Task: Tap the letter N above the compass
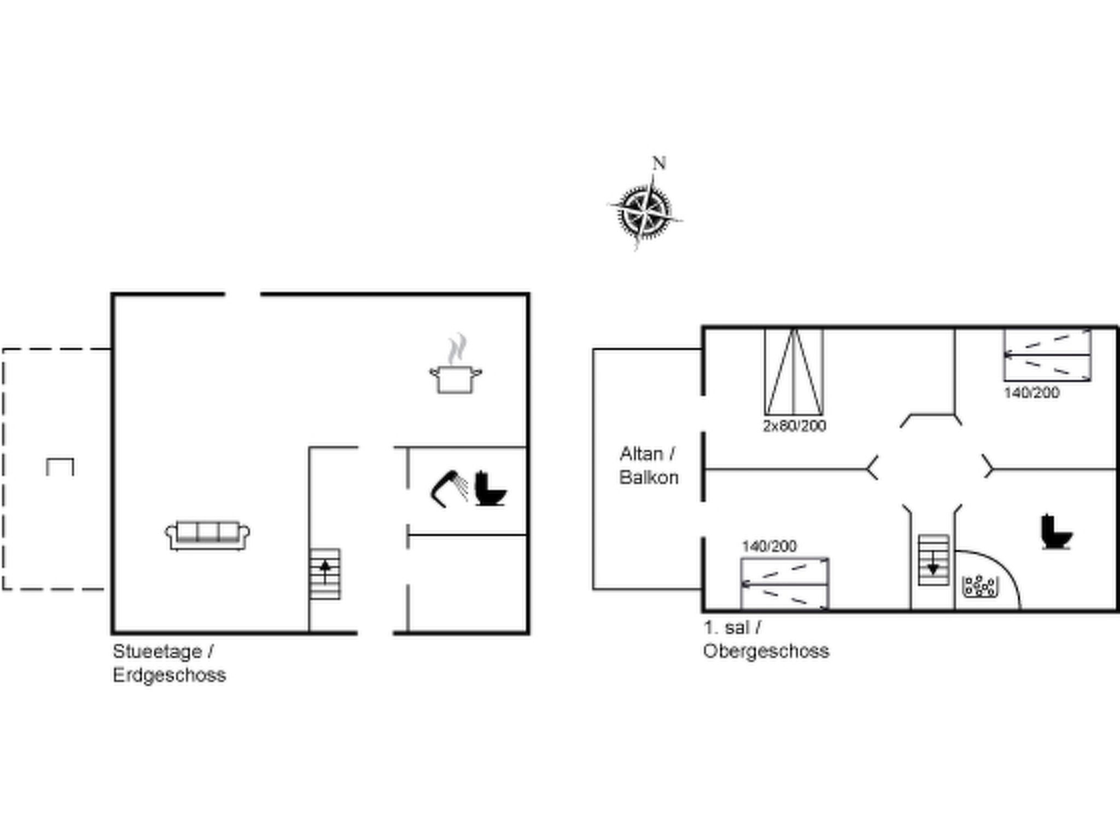pyautogui.click(x=659, y=163)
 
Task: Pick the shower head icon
pyautogui.click(x=450, y=488)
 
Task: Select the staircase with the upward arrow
pyautogui.click(x=325, y=574)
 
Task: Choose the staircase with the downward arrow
pyautogui.click(x=933, y=560)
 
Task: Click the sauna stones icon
pyautogui.click(x=979, y=586)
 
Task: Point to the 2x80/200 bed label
pyautogui.click(x=794, y=425)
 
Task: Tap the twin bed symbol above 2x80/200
pyautogui.click(x=794, y=372)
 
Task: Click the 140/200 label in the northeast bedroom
pyautogui.click(x=1031, y=392)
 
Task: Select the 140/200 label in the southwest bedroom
pyautogui.click(x=769, y=546)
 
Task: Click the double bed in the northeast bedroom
pyautogui.click(x=1047, y=355)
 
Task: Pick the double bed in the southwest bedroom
pyautogui.click(x=785, y=584)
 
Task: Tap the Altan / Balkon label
pyautogui.click(x=649, y=465)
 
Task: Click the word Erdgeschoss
pyautogui.click(x=170, y=675)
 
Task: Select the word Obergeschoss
pyautogui.click(x=766, y=651)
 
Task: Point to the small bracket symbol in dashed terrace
pyautogui.click(x=60, y=466)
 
